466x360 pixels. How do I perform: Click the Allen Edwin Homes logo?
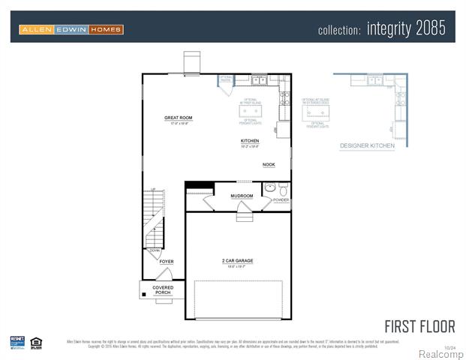pyautogui.click(x=71, y=29)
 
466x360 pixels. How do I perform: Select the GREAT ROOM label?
pyautogui.click(x=179, y=118)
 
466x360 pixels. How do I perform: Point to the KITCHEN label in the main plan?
pyautogui.click(x=250, y=141)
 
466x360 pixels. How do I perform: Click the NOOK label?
pyautogui.click(x=268, y=164)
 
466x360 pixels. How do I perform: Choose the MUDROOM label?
pyautogui.click(x=242, y=196)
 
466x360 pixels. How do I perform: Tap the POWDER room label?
pyautogui.click(x=281, y=200)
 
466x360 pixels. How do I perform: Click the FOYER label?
pyautogui.click(x=167, y=262)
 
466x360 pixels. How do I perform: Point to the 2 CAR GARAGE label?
pyautogui.click(x=237, y=261)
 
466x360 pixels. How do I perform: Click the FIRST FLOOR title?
pyautogui.click(x=419, y=326)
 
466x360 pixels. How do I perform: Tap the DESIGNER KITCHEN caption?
pyautogui.click(x=367, y=145)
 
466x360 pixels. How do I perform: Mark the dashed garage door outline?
pyautogui.click(x=238, y=299)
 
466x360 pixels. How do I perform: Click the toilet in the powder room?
pyautogui.click(x=283, y=188)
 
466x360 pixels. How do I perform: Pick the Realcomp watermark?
pyautogui.click(x=440, y=353)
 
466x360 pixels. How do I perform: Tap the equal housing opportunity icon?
pyautogui.click(x=35, y=342)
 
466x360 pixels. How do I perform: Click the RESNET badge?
pyautogui.click(x=17, y=342)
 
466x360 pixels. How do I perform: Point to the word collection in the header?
pyautogui.click(x=339, y=31)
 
